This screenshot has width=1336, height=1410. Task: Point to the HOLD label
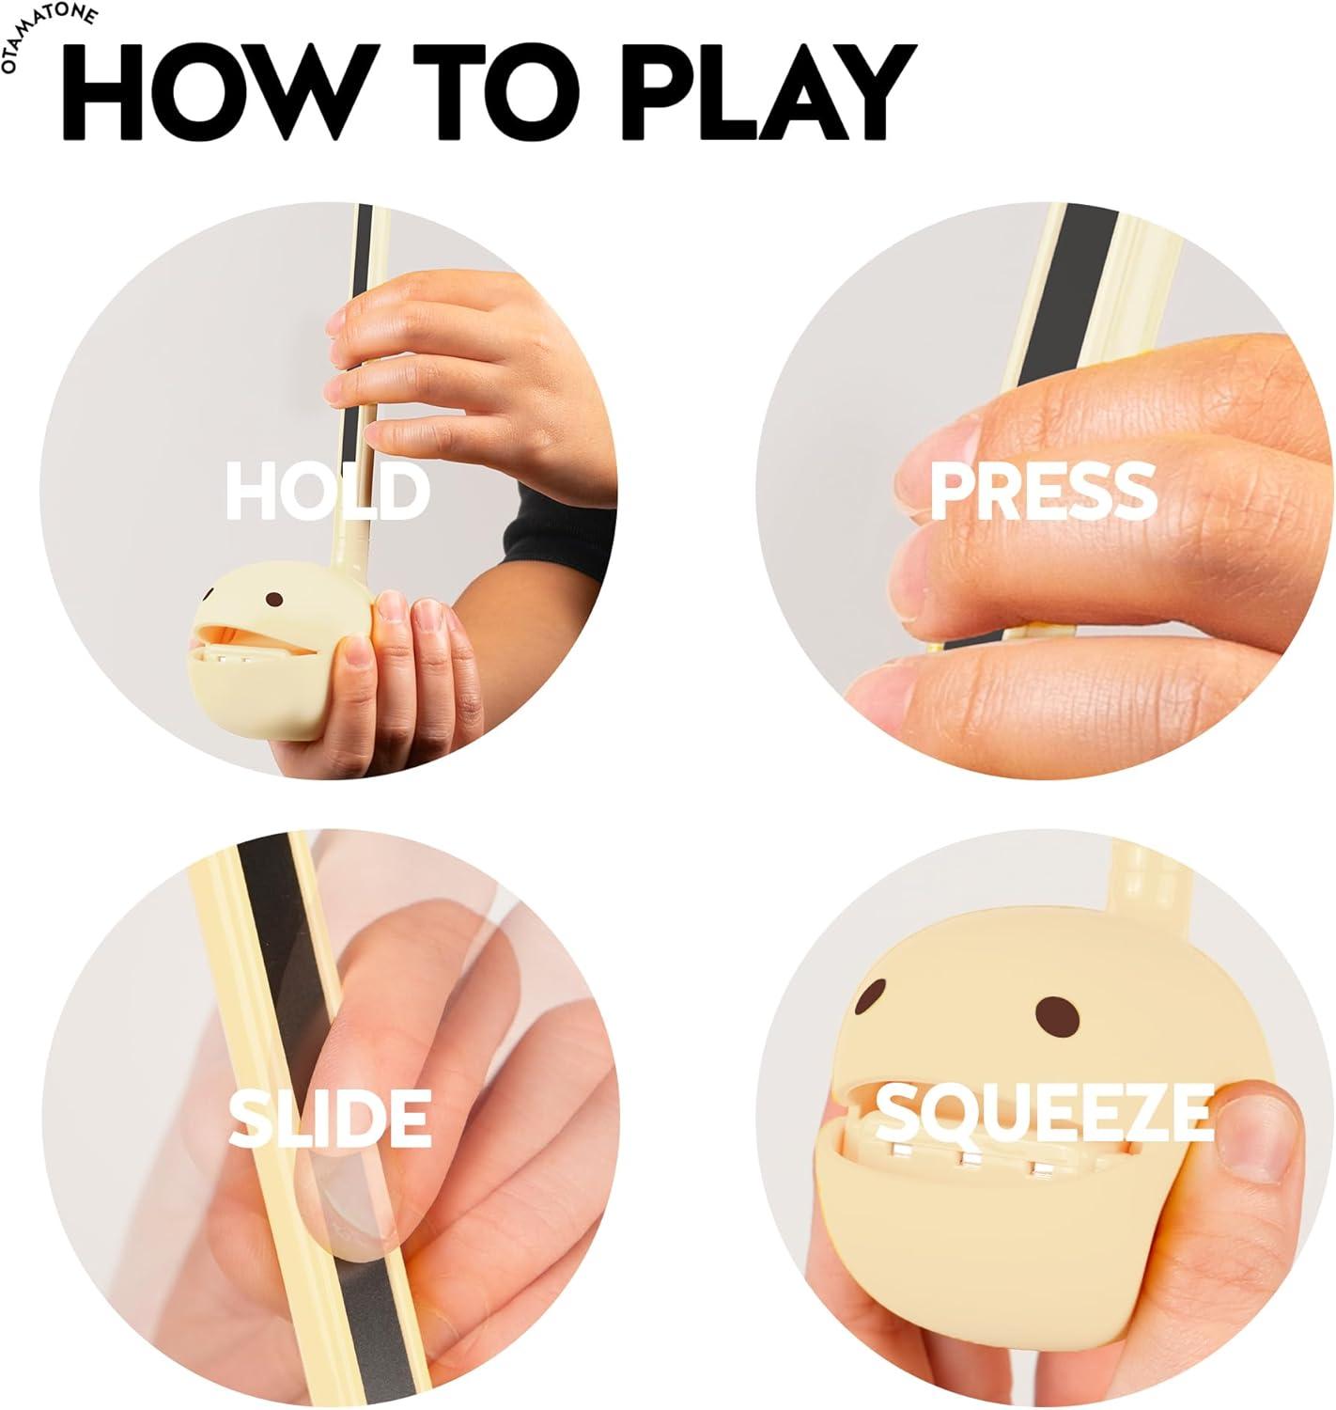pyautogui.click(x=328, y=492)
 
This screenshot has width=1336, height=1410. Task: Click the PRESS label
pyautogui.click(x=1044, y=492)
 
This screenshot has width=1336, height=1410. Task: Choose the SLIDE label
pyautogui.click(x=330, y=1118)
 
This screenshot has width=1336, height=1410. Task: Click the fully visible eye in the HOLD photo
pyautogui.click(x=273, y=599)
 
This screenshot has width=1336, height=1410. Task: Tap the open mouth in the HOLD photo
pyautogui.click(x=255, y=640)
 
